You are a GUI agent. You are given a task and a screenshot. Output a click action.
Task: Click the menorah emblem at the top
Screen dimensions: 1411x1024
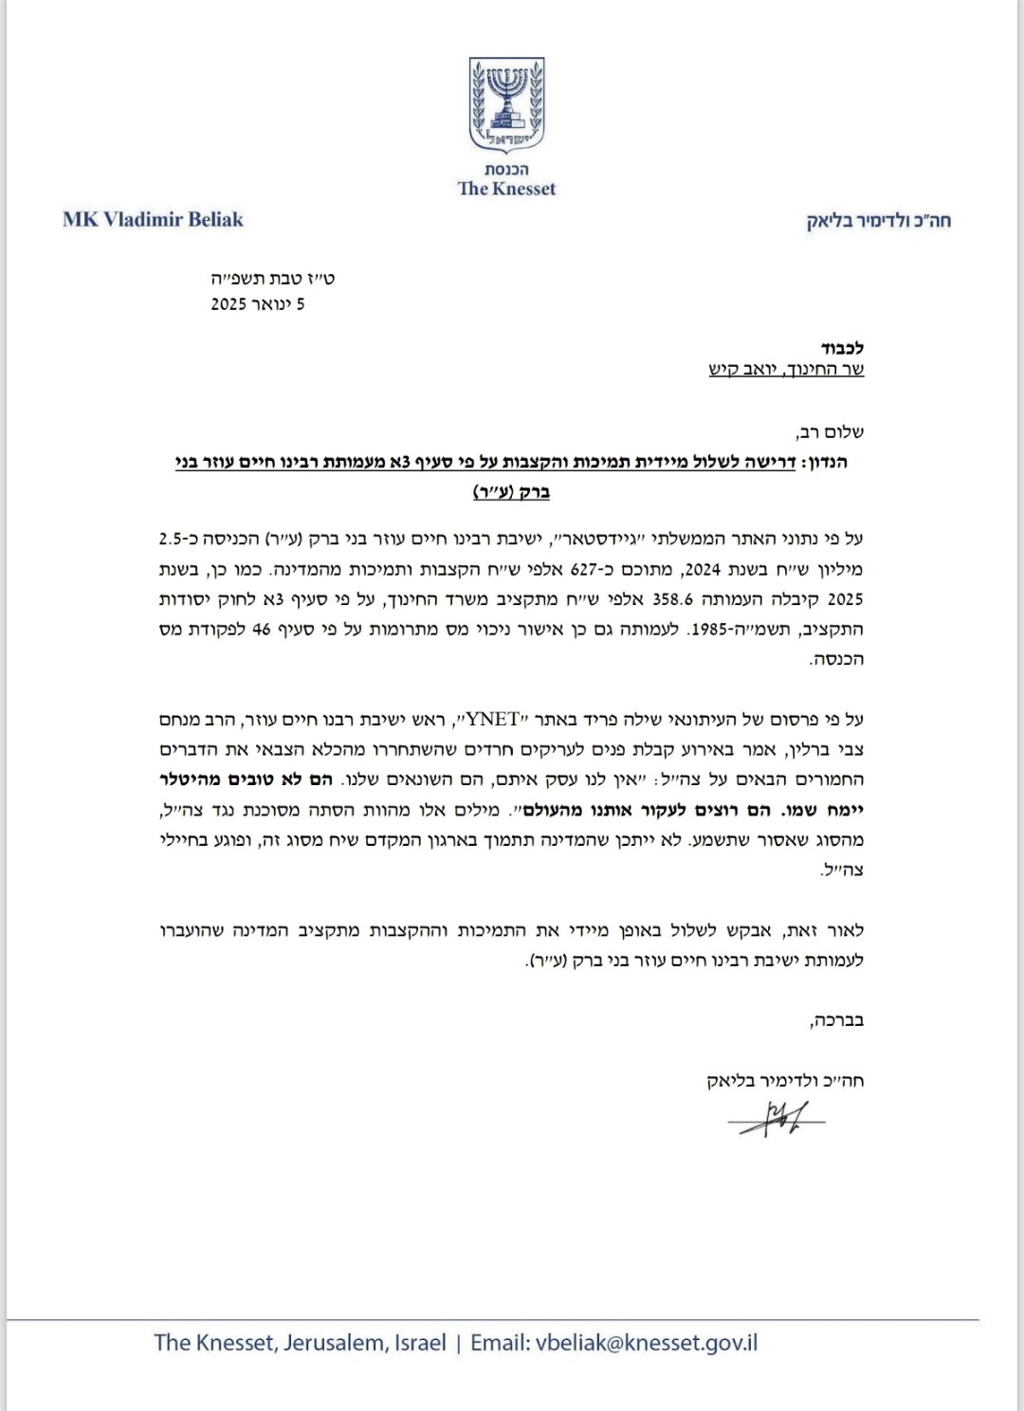(x=507, y=103)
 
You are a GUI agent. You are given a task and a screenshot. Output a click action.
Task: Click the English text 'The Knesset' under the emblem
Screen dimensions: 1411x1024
(x=507, y=189)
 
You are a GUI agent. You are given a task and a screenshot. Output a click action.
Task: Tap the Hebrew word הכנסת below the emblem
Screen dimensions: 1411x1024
(x=507, y=169)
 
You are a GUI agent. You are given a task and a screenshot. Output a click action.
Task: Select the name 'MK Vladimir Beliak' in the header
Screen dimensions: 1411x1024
(x=154, y=220)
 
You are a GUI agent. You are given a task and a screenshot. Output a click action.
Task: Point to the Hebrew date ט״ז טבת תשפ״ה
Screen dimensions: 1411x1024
(x=272, y=279)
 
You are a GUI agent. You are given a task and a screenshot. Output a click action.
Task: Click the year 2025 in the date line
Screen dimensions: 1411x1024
(x=229, y=304)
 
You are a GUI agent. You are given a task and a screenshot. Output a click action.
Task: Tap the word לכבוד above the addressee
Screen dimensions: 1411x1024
(x=843, y=348)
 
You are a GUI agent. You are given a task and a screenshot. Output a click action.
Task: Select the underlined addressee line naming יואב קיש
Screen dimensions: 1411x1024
(x=786, y=370)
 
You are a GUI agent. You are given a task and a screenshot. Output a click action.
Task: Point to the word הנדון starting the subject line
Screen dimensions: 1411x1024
(x=824, y=462)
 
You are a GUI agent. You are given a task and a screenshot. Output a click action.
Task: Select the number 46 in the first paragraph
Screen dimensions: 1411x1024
(x=262, y=629)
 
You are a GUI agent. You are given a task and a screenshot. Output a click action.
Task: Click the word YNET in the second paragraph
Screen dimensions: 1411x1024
(x=494, y=719)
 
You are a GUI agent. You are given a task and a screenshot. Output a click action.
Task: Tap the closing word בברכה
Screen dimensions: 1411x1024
(x=839, y=1020)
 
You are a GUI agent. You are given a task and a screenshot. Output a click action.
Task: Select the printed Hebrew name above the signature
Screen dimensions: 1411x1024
(x=785, y=1080)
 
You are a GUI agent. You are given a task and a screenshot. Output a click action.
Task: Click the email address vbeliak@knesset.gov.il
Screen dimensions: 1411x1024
(x=647, y=1343)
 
